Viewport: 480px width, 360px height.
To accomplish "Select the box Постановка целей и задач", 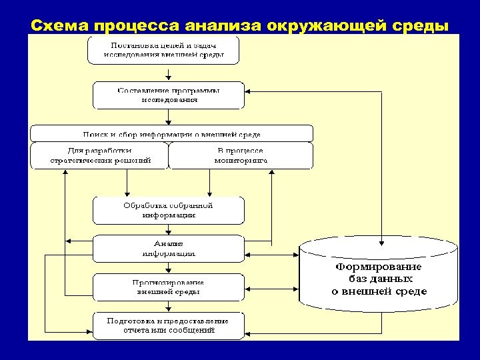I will [163, 50].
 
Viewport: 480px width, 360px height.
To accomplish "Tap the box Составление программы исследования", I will [169, 95].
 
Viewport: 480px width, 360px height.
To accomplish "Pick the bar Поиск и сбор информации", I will [171, 133].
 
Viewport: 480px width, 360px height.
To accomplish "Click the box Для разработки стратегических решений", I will [100, 155].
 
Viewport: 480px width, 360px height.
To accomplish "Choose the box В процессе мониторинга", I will [241, 155].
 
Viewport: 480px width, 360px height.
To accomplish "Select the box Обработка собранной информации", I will [169, 210].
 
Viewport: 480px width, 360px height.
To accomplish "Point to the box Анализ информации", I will [169, 248].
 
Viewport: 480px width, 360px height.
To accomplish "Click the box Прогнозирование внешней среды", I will [169, 287].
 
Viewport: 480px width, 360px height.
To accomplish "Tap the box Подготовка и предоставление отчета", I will [169, 325].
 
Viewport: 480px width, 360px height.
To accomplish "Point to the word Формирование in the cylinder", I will [379, 266].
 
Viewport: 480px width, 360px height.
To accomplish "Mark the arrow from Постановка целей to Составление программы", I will [169, 73].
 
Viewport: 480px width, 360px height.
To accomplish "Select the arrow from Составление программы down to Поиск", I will [169, 117].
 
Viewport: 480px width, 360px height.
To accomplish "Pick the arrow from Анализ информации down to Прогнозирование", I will [169, 267].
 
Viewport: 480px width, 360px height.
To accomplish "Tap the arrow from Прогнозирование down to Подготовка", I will [169, 306].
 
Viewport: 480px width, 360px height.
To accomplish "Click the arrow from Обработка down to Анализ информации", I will [169, 229].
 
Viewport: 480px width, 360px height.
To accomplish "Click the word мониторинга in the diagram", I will [241, 161].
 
